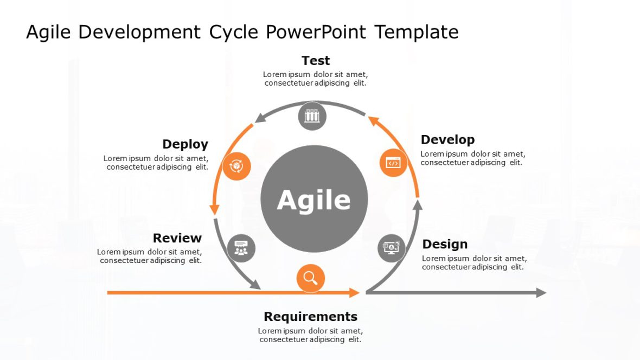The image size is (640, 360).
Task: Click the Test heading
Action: point(316,61)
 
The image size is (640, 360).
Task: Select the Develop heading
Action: point(447,140)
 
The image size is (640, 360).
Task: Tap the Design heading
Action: point(445,245)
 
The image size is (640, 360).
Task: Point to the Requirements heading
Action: point(310,317)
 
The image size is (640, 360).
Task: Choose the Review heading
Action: point(177,238)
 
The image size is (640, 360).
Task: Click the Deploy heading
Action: point(185,144)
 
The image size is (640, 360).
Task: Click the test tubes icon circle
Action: point(312,116)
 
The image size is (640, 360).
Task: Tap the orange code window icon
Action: point(393,163)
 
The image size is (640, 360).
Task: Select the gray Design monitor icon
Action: point(391,248)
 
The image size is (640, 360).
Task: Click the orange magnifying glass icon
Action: point(310,279)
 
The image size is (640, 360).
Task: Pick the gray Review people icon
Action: point(241,248)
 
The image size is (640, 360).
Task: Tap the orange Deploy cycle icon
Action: point(237,166)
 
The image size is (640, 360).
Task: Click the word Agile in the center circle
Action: point(314,200)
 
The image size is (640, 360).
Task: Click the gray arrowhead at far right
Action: point(541,293)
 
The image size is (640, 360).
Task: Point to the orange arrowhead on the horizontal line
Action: point(354,293)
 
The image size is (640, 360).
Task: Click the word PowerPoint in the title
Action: point(316,32)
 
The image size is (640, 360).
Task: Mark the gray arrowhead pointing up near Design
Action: point(417,205)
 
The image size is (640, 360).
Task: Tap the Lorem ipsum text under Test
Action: point(315,79)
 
